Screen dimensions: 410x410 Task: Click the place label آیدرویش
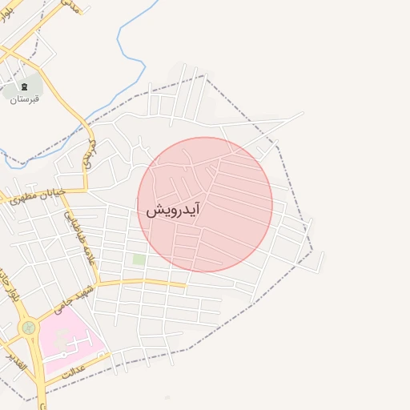172,210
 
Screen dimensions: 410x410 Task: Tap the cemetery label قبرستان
25,98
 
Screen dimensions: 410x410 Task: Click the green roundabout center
29,327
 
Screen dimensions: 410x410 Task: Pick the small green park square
139,259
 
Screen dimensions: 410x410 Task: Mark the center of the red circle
205,204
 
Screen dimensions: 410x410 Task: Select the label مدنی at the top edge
72,6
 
